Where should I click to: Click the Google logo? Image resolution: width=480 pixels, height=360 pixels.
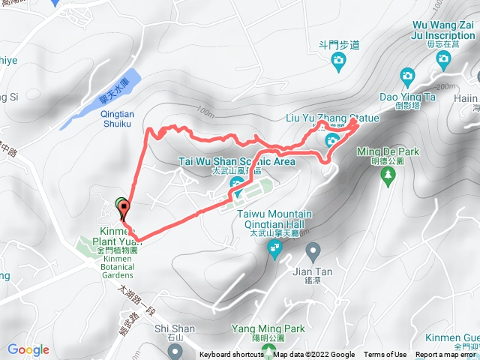point(28,349)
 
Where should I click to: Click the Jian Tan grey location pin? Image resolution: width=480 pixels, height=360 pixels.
point(313,250)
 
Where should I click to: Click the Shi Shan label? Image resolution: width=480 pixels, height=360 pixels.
point(174,328)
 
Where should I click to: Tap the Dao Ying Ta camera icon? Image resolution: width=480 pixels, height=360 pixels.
point(407,75)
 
